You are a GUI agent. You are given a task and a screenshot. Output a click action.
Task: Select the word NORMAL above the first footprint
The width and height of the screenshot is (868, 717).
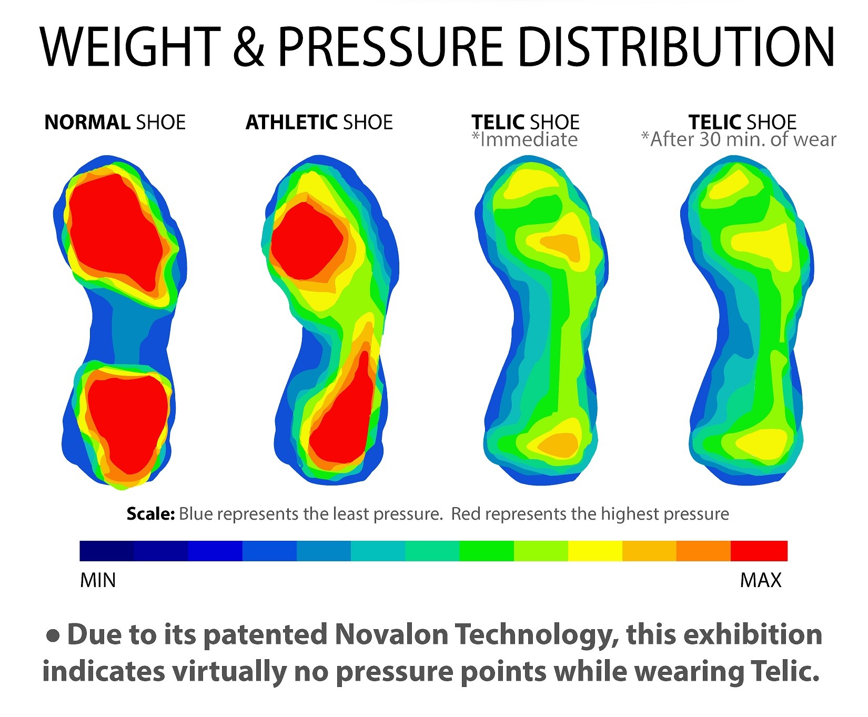87,123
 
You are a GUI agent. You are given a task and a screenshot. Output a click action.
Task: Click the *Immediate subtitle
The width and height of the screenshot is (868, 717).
525,140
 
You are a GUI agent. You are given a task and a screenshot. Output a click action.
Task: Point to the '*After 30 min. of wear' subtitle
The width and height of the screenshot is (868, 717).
739,140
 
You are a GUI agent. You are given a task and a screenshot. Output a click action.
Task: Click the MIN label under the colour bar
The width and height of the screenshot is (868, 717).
98,580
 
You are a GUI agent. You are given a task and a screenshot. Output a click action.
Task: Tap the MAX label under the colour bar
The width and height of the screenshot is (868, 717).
761,580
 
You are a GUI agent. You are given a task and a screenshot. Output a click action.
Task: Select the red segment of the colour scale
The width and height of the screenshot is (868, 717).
759,551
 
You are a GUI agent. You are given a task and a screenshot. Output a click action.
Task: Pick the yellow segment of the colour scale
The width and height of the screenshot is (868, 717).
595,551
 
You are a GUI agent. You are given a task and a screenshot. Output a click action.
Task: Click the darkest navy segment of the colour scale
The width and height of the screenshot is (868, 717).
107,551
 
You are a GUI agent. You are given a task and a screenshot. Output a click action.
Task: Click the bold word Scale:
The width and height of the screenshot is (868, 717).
150,514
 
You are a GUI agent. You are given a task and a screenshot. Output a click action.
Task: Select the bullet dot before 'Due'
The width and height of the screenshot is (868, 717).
53,635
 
